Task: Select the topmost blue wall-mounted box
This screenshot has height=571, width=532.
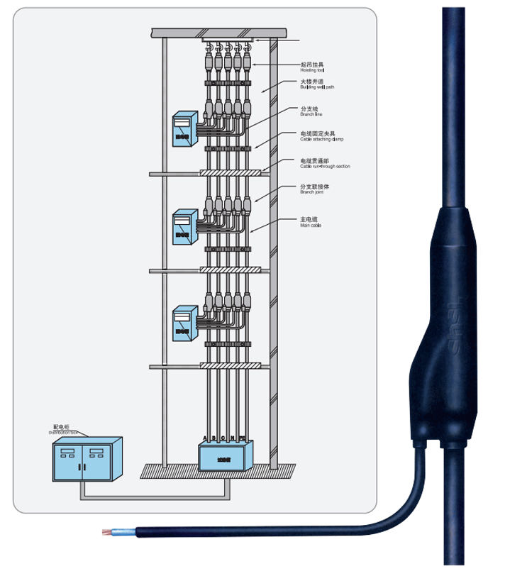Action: pos(183,129)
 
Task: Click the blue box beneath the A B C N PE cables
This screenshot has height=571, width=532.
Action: pos(225,457)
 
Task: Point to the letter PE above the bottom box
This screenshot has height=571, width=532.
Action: pos(242,438)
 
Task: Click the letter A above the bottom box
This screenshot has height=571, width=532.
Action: pos(204,438)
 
